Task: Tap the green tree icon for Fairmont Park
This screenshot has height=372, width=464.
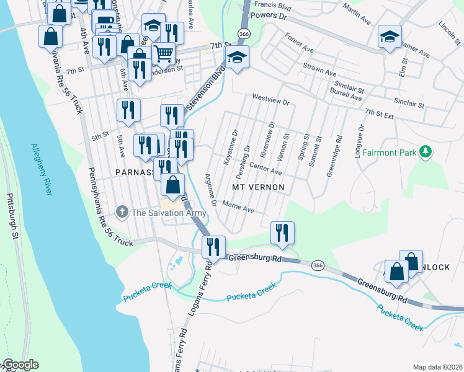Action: tap(426, 151)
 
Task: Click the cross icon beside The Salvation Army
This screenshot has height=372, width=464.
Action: tap(122, 213)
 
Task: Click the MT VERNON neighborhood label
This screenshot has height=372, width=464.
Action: tap(258, 187)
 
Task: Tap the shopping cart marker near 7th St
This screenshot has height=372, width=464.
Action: tap(163, 53)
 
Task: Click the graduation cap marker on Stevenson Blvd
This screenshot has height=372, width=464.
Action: tap(236, 58)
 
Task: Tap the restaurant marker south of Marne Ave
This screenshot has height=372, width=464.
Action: tap(282, 232)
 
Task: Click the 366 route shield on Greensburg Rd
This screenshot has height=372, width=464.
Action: tap(318, 265)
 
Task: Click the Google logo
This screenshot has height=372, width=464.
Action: tap(20, 365)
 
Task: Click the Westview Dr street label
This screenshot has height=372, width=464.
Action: tap(270, 97)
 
